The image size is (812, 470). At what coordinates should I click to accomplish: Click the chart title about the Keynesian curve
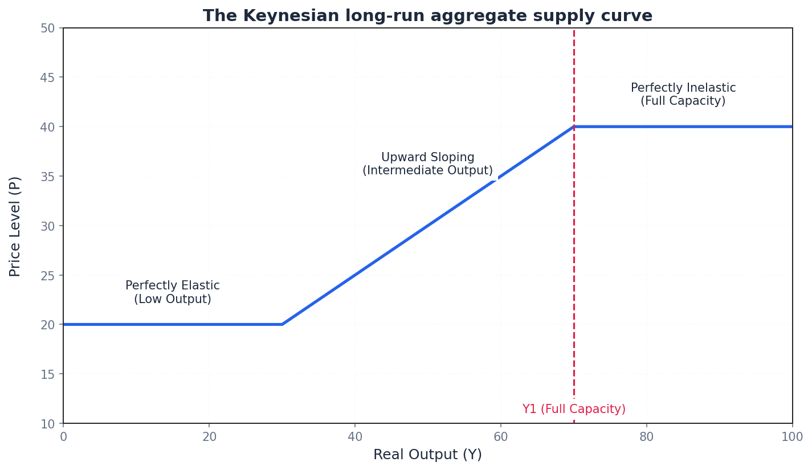pyautogui.click(x=427, y=16)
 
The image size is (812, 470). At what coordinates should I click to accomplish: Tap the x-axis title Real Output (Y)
pyautogui.click(x=427, y=455)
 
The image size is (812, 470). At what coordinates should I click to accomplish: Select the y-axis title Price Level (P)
pyautogui.click(x=15, y=226)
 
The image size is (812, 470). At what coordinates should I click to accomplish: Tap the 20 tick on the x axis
pyautogui.click(x=209, y=437)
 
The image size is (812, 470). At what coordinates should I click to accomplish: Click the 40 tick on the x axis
pyautogui.click(x=355, y=437)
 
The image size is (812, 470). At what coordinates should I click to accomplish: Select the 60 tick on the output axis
pyautogui.click(x=501, y=437)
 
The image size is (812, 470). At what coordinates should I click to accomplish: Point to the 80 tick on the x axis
pyautogui.click(x=647, y=437)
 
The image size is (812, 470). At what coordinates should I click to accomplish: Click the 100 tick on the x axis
pyautogui.click(x=792, y=437)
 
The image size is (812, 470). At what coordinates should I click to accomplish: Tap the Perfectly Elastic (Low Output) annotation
pyautogui.click(x=173, y=292)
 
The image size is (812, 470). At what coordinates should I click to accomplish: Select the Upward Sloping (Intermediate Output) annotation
pyautogui.click(x=427, y=164)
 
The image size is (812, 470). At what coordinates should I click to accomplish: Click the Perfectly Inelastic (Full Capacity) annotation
pyautogui.click(x=683, y=95)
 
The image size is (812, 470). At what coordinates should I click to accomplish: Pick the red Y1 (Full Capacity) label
pyautogui.click(x=574, y=409)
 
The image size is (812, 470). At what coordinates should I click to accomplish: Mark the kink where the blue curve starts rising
pyautogui.click(x=282, y=325)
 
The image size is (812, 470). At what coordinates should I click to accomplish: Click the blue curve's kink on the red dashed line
pyautogui.click(x=574, y=126)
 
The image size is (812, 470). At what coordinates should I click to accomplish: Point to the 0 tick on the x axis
pyautogui.click(x=63, y=437)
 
